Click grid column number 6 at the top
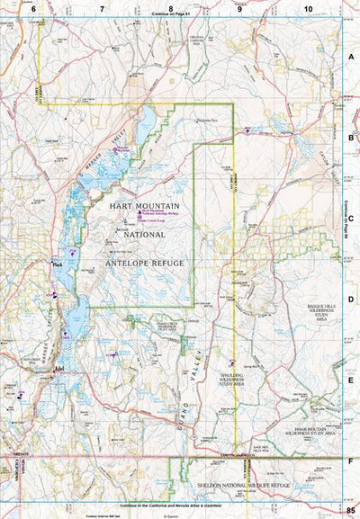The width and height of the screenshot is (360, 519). [x=33, y=7]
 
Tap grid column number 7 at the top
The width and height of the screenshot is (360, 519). [x=102, y=7]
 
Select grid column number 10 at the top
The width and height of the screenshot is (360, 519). [x=309, y=7]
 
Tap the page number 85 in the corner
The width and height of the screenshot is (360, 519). [x=349, y=511]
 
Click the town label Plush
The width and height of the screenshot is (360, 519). [x=58, y=265]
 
